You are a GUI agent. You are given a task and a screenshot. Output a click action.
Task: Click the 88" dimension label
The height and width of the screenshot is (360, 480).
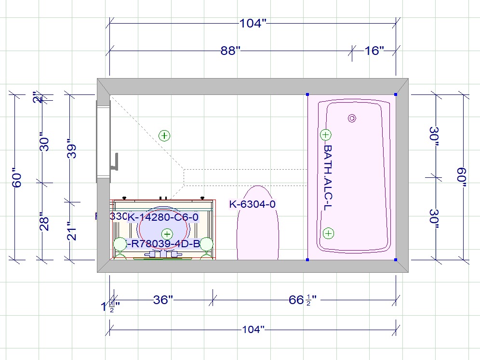(x=230, y=51)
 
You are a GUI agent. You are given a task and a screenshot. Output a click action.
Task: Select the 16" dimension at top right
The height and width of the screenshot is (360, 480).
(x=374, y=51)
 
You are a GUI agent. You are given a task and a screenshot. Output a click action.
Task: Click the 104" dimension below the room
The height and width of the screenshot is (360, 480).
(x=253, y=330)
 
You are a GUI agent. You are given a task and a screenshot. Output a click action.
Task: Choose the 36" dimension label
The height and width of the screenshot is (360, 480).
(x=163, y=300)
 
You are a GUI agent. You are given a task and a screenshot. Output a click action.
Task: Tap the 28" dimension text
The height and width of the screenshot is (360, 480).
(x=44, y=221)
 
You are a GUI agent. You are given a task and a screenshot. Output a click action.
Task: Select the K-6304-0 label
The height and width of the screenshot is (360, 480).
(x=253, y=204)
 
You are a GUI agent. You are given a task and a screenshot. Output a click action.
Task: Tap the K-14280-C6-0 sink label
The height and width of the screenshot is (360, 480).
(x=162, y=217)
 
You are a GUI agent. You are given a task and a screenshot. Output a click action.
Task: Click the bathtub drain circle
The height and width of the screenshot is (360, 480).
(x=352, y=118)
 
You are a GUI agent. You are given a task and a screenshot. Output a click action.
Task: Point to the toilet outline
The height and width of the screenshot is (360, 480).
(x=258, y=224)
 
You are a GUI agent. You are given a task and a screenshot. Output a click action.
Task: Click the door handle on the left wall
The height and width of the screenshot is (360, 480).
(x=114, y=162)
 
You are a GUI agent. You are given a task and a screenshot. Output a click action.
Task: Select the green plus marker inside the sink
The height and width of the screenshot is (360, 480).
(x=167, y=234)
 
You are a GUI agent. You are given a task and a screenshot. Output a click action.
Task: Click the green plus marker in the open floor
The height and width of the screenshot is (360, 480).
(x=165, y=135)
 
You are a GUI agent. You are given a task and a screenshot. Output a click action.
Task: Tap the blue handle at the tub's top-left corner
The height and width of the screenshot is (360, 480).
(x=307, y=94)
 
